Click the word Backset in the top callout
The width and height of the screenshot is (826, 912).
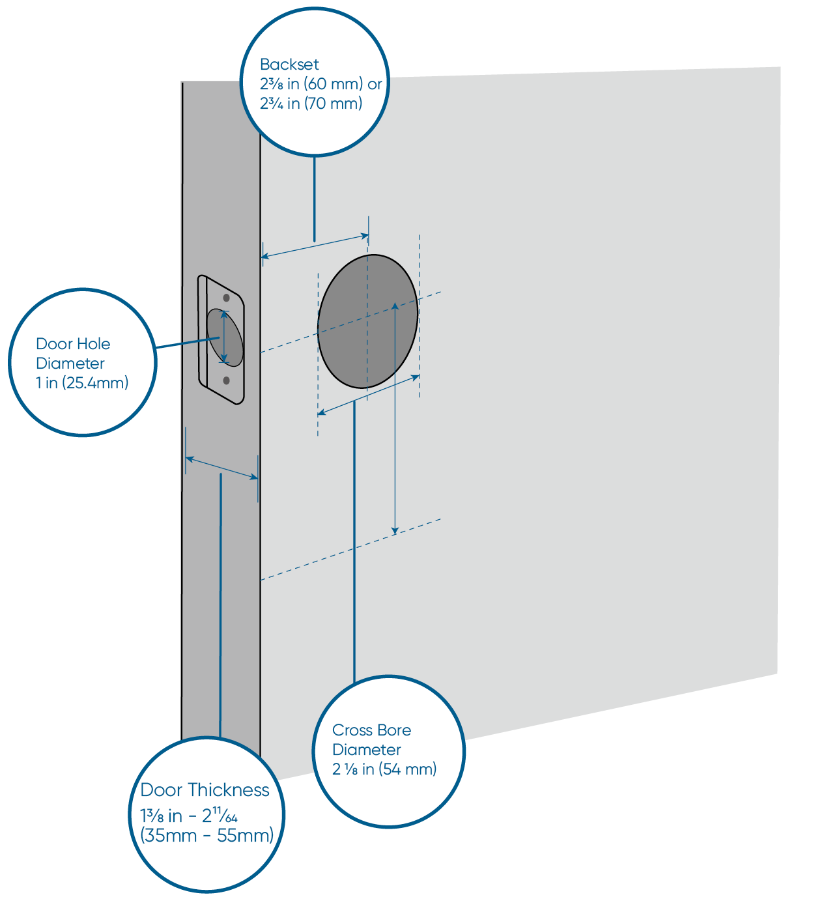(x=289, y=64)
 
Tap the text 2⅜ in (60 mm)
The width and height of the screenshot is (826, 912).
(x=311, y=84)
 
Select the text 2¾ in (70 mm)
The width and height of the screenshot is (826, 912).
(x=311, y=104)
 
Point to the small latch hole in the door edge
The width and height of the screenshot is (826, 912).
(x=225, y=337)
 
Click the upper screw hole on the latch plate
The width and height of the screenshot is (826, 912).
(x=227, y=298)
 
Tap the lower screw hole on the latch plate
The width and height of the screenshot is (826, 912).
(x=226, y=380)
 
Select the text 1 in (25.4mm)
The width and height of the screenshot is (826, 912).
(x=82, y=382)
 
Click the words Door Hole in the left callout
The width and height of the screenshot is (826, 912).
(x=73, y=344)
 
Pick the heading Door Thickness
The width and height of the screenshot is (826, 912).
(x=205, y=790)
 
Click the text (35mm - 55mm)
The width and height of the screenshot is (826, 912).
(x=207, y=836)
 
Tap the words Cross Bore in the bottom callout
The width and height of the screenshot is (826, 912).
(x=371, y=730)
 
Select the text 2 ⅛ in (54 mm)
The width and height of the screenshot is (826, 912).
(x=384, y=769)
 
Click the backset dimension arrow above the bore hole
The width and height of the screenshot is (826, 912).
(x=315, y=246)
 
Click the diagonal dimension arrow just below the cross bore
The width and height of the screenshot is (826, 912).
(x=368, y=395)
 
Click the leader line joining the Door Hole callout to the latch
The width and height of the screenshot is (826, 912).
(x=186, y=343)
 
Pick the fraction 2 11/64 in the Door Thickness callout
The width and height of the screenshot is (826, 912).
(x=220, y=816)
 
